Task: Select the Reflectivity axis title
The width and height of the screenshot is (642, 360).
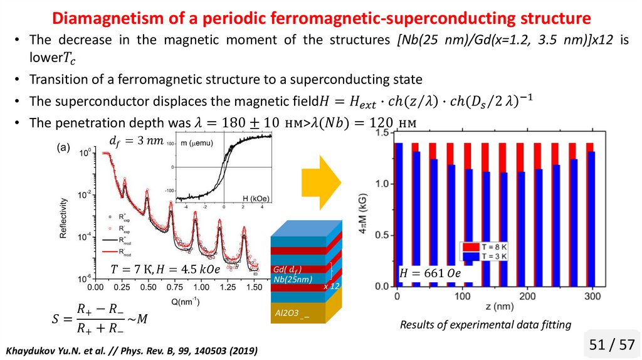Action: tap(63, 216)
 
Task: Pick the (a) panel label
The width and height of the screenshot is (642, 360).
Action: tap(63, 148)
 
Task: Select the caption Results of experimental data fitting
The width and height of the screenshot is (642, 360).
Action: tap(485, 324)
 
